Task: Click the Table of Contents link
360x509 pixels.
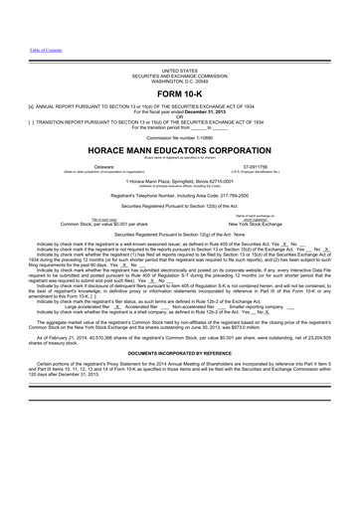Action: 20,49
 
